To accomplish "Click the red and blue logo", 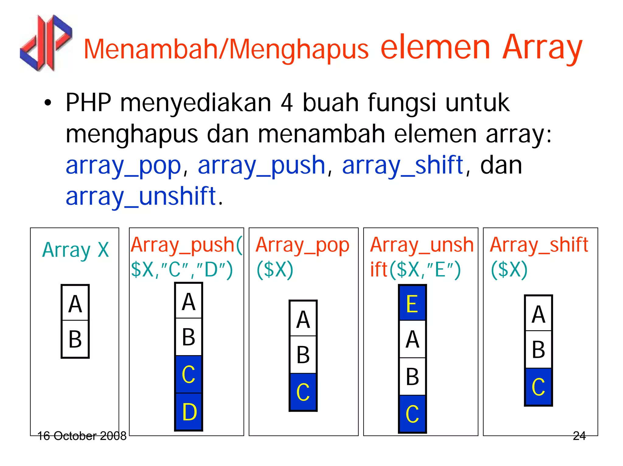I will tap(46, 43).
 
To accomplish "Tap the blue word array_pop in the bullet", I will tap(123, 165).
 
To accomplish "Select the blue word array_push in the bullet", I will tap(261, 165).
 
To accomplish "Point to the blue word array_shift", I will tap(402, 165).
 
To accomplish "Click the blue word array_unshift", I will tap(141, 196).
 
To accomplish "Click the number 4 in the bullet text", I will tap(287, 103).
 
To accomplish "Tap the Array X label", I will tap(75, 250).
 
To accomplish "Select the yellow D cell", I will tap(189, 412).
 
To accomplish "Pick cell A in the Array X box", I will tap(75, 303).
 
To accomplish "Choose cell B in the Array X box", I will tap(75, 339).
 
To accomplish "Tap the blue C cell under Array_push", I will tap(189, 374).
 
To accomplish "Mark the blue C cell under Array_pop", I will tap(303, 392).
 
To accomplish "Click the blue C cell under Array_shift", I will tap(538, 387).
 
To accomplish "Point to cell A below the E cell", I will tap(412, 339).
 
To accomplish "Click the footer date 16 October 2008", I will tap(82, 436).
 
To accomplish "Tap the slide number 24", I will tap(579, 436).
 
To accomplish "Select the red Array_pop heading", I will tap(302, 245).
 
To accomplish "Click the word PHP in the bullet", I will tap(88, 103).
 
